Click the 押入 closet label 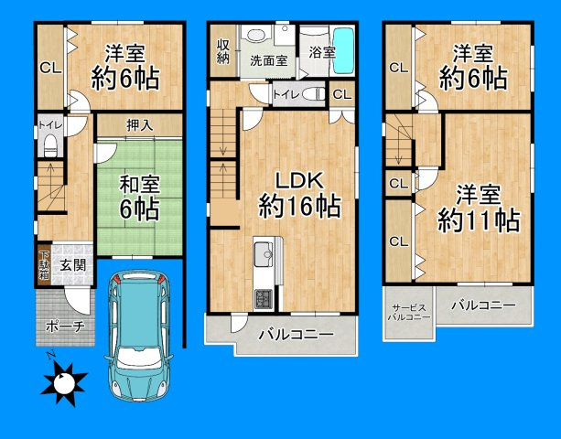139,123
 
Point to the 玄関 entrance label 72,265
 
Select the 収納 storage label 223,52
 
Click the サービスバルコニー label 406,313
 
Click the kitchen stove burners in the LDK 262,297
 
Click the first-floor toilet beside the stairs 48,144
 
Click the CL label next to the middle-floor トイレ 340,93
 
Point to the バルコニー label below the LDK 294,336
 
